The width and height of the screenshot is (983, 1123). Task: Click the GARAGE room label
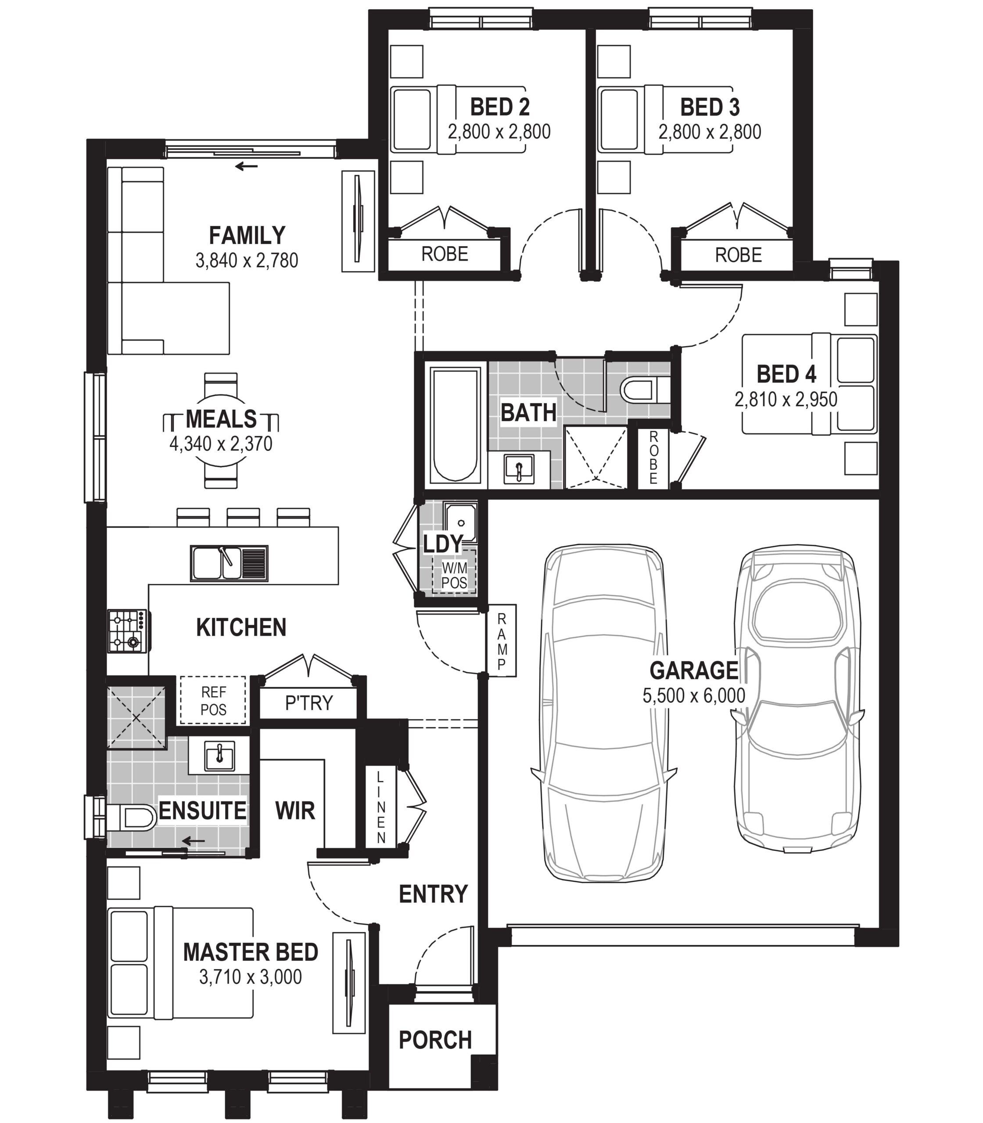point(693,670)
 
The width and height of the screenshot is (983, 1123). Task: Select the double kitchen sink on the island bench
point(229,563)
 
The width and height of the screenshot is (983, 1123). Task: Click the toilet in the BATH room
point(646,390)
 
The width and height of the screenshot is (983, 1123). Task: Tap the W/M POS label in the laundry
point(454,575)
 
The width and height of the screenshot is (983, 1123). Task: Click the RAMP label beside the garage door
point(501,641)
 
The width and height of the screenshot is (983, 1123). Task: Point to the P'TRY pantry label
point(309,703)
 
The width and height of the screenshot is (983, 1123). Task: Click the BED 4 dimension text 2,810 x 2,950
point(786,399)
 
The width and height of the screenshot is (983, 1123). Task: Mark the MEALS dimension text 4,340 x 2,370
point(220,443)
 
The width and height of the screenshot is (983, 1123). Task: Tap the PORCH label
point(435,1040)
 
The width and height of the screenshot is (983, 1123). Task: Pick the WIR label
point(295,811)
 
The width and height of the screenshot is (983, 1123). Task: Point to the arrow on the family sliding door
point(246,166)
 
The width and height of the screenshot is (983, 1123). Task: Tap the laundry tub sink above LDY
point(461,522)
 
